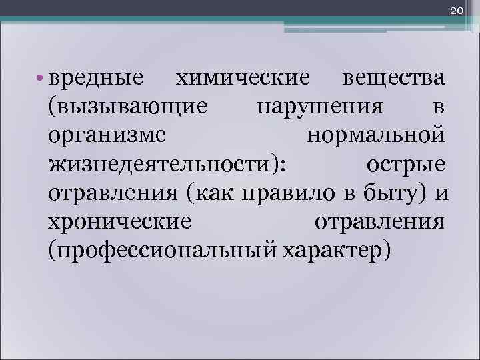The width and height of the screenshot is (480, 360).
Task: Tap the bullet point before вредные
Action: point(41,79)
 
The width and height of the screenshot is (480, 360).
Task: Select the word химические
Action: point(242,79)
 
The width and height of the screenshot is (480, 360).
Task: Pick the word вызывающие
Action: point(131,107)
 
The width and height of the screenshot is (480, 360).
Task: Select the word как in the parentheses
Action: point(213,193)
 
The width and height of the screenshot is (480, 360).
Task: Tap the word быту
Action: point(385,193)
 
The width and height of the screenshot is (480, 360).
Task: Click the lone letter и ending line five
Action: point(440,193)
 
